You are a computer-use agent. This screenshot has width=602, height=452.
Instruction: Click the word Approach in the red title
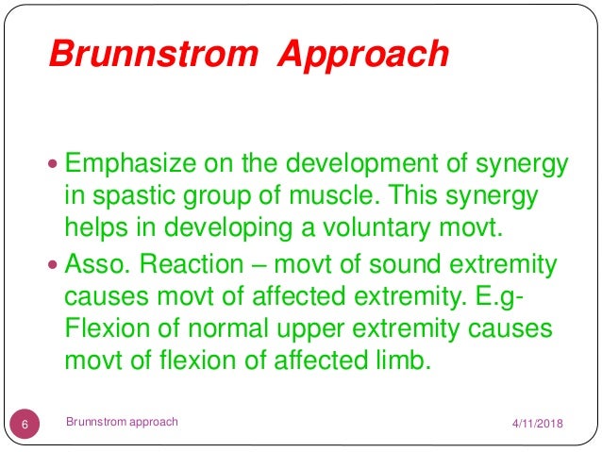pyautogui.click(x=363, y=55)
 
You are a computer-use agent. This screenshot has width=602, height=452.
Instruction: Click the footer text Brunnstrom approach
pyautogui.click(x=122, y=422)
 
